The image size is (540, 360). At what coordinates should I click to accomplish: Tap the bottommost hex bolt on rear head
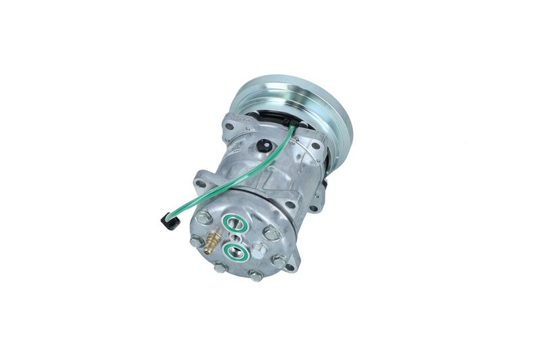coord(256,276)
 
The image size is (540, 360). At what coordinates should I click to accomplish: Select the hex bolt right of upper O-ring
coord(271,233)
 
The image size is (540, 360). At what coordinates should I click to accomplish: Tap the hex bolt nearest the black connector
coord(204,217)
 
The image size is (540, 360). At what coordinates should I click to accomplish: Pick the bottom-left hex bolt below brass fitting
coord(219,267)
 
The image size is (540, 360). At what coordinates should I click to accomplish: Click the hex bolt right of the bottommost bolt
coord(279,260)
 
